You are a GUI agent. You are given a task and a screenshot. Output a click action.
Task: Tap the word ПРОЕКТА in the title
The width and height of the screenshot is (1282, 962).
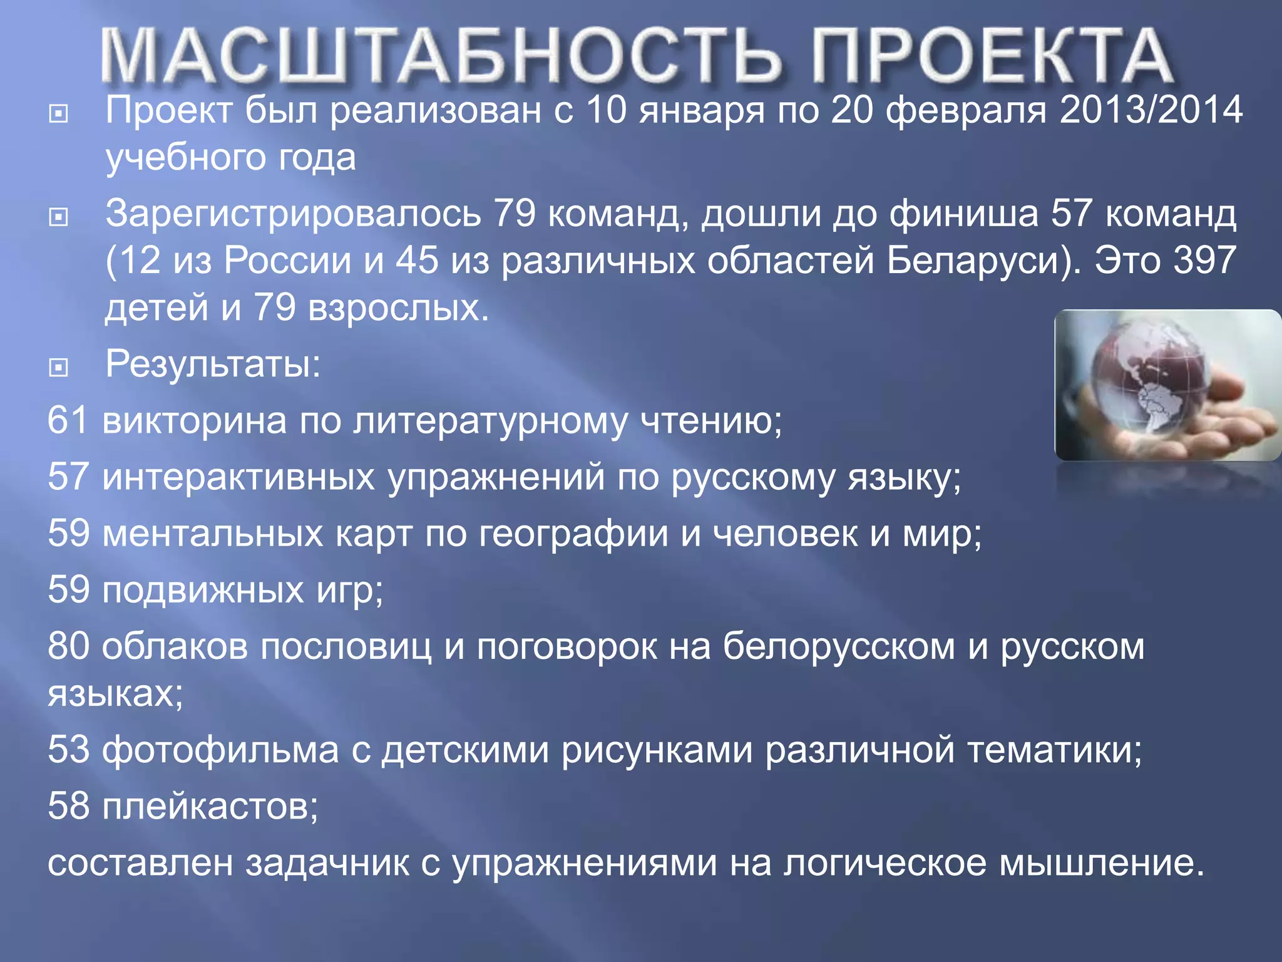[x=992, y=56]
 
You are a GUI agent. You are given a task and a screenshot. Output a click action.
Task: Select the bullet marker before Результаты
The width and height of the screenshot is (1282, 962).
[x=58, y=367]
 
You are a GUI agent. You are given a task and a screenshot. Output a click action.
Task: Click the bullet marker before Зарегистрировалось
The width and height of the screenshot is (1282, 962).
[x=58, y=217]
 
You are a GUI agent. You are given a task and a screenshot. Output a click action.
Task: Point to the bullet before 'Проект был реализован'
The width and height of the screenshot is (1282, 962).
[x=58, y=114]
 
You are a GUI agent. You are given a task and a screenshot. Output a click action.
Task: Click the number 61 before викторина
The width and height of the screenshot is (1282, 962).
[x=68, y=420]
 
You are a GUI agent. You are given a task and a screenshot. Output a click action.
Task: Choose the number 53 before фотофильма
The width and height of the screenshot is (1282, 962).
[x=68, y=749]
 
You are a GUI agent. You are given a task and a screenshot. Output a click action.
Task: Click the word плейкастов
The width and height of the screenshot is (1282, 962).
[x=210, y=806]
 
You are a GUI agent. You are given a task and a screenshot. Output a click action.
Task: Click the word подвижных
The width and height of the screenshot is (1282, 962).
[x=203, y=590]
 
